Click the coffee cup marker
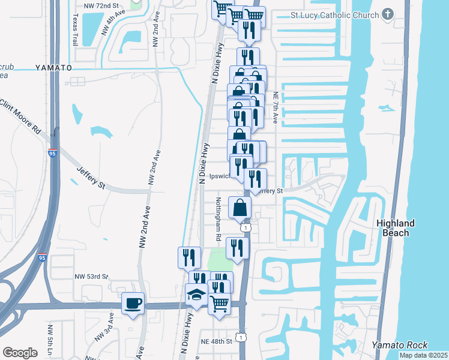[x=133, y=303]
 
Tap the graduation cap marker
[x=196, y=295]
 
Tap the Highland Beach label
[x=395, y=227]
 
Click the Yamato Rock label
[x=400, y=344]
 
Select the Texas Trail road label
[x=75, y=31]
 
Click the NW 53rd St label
[x=91, y=276]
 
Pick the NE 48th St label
[x=215, y=341]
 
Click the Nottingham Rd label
[x=218, y=220]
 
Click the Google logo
[x=20, y=353]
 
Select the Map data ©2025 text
[x=423, y=355]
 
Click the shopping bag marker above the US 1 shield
[x=240, y=208]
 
